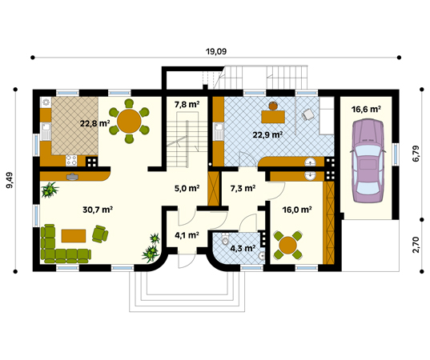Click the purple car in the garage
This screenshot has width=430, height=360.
point(368,161)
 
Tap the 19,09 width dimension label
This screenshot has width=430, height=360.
point(216,51)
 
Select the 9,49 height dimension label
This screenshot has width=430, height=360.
point(9,180)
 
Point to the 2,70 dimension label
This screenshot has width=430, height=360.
point(416,245)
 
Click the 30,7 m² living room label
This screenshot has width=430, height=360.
point(98,210)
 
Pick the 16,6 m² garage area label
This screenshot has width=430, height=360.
point(366,110)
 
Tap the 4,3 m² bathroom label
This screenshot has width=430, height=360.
point(243,249)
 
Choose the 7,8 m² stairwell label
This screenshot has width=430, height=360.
point(187,104)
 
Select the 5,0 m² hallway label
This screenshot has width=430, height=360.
point(187,188)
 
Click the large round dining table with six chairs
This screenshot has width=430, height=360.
point(129,121)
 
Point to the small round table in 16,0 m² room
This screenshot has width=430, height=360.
point(288,245)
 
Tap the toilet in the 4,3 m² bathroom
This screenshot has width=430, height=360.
point(225,239)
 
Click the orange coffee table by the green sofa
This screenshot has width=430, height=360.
point(74,236)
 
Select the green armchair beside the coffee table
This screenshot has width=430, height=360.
point(100,234)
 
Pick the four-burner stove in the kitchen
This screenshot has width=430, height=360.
point(71,161)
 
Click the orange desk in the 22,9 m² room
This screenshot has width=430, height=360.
point(273,117)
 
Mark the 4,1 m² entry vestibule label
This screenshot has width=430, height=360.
point(187,235)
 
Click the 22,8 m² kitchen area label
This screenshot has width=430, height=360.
point(94,123)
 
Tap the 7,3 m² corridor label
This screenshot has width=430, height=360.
point(243,188)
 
